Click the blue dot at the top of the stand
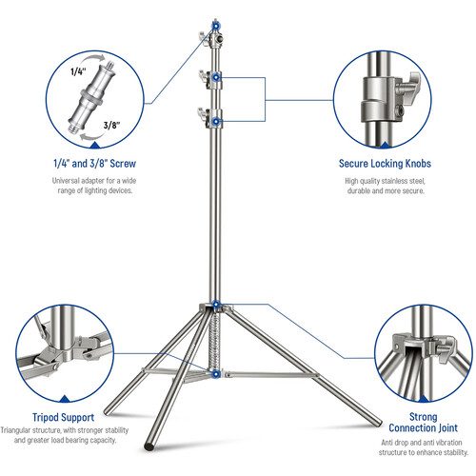click(x=215, y=25)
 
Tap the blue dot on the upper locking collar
click(x=216, y=77)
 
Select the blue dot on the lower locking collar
click(x=216, y=121)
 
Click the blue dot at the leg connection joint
click(x=216, y=305)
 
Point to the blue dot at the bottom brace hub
click(x=216, y=374)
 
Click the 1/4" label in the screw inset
click(x=78, y=71)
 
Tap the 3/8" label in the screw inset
click(x=111, y=125)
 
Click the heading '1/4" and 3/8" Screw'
click(x=94, y=164)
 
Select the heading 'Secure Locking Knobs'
click(x=385, y=164)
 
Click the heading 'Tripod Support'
click(x=64, y=417)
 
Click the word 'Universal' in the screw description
click(x=65, y=181)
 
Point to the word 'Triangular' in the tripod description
click(x=15, y=430)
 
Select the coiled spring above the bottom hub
click(x=215, y=340)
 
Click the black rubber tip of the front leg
click(x=149, y=446)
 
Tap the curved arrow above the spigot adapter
click(x=93, y=60)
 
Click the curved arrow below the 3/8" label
click(x=91, y=137)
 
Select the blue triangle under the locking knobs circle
click(x=385, y=146)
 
